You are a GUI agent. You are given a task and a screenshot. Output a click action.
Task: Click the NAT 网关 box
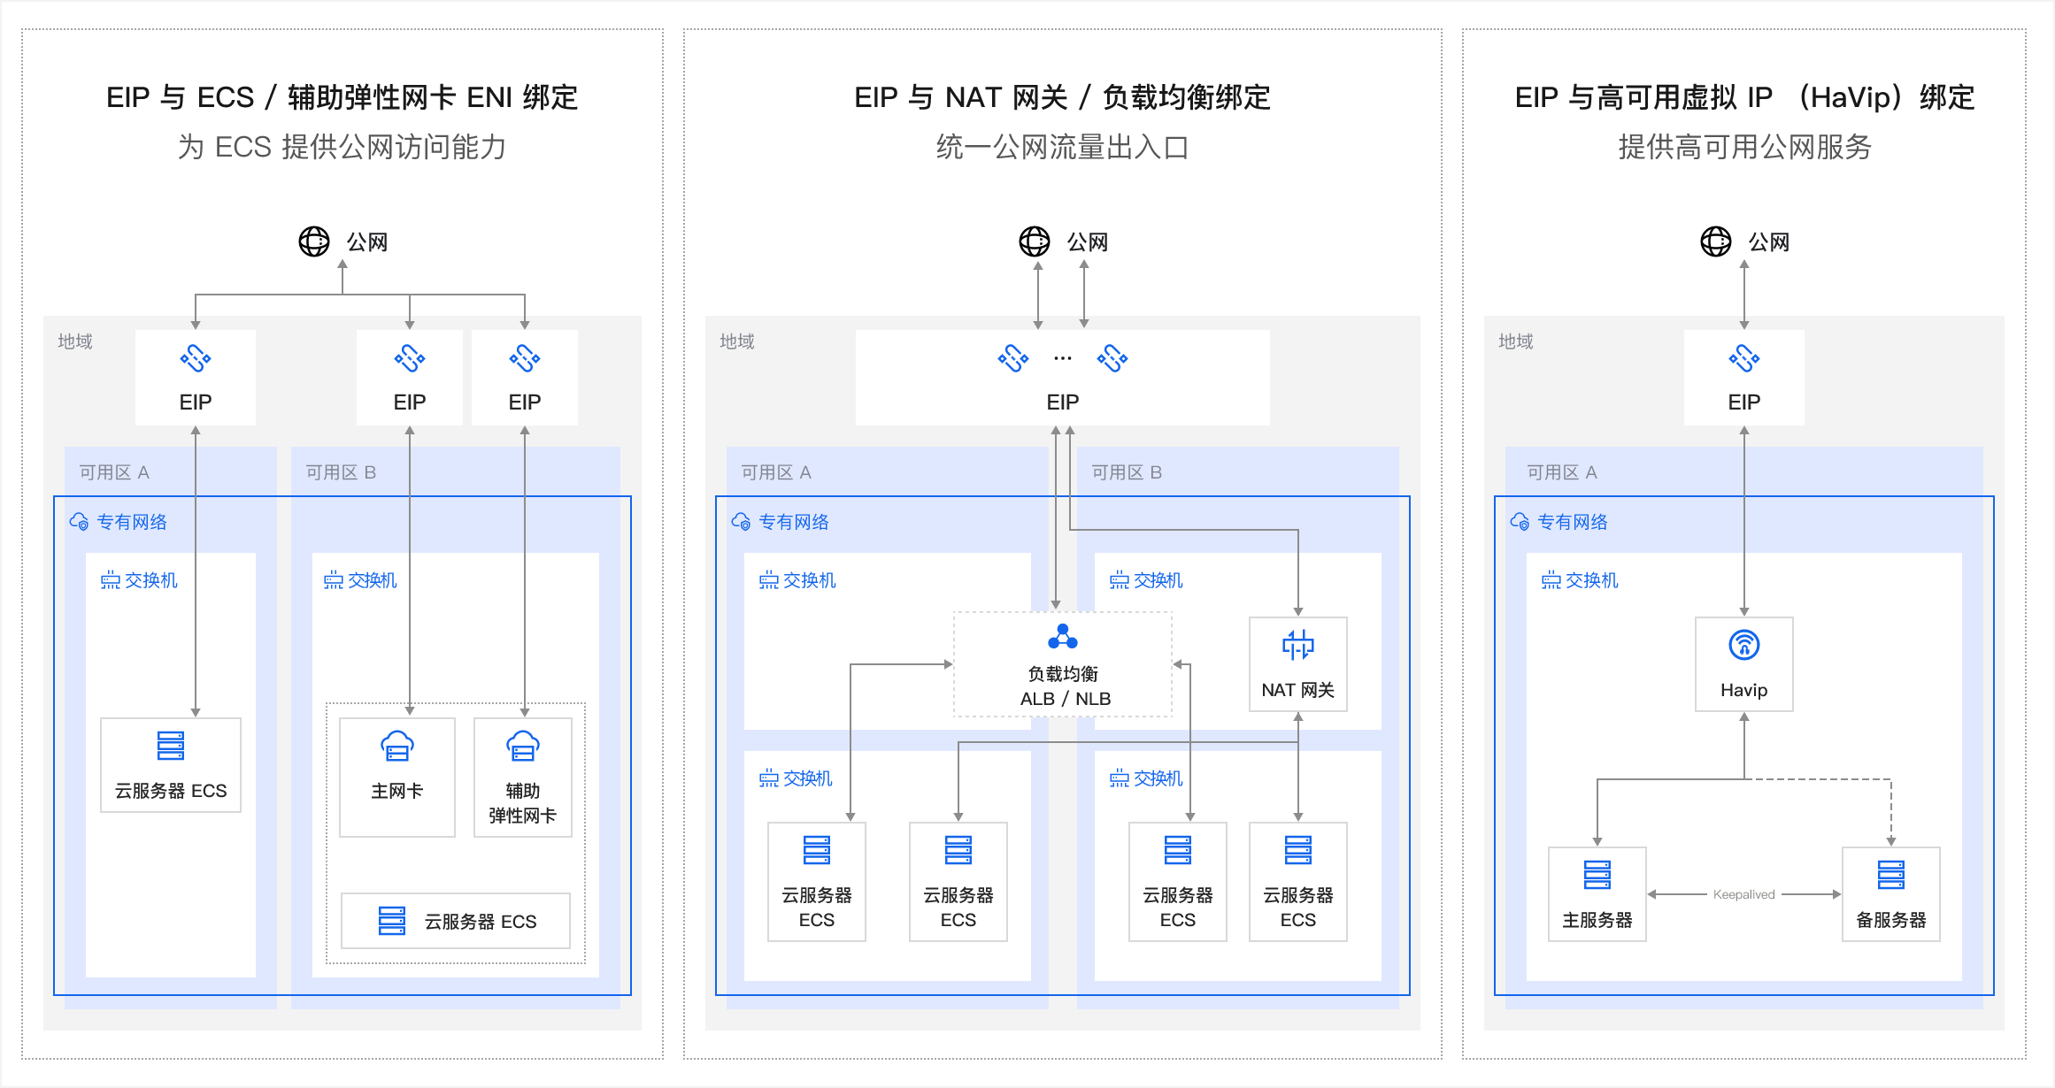[1297, 664]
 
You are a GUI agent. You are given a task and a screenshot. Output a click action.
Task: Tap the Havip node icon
[1743, 646]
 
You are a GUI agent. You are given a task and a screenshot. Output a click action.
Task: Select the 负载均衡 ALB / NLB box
[1063, 665]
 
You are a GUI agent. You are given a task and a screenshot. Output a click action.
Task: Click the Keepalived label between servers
[1743, 894]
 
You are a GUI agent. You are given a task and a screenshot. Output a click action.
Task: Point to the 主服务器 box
[1597, 894]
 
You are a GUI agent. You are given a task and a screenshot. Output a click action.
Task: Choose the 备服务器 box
[1890, 894]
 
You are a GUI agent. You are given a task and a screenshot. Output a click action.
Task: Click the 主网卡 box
[397, 777]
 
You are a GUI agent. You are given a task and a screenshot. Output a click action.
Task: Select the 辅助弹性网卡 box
[523, 777]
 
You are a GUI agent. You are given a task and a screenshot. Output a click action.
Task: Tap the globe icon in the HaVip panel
[1715, 241]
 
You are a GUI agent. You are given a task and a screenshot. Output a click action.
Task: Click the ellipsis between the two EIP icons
[1063, 359]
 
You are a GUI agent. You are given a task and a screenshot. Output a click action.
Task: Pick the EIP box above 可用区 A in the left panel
[196, 378]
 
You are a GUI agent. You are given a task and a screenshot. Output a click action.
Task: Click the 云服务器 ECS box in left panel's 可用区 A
[171, 765]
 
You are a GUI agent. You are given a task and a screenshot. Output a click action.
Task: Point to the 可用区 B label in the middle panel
[1126, 472]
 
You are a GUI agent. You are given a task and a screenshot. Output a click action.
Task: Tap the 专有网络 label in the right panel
[1572, 522]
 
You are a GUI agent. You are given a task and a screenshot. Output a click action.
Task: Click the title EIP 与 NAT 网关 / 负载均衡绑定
[1062, 97]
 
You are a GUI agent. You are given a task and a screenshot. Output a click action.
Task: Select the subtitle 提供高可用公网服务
[1744, 147]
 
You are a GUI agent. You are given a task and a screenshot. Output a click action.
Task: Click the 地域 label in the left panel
[75, 341]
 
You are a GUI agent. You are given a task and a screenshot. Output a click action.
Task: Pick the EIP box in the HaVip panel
[1743, 378]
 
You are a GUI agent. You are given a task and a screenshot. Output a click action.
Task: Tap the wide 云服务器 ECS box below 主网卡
[456, 921]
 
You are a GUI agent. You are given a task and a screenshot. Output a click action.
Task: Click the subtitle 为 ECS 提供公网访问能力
[342, 147]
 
